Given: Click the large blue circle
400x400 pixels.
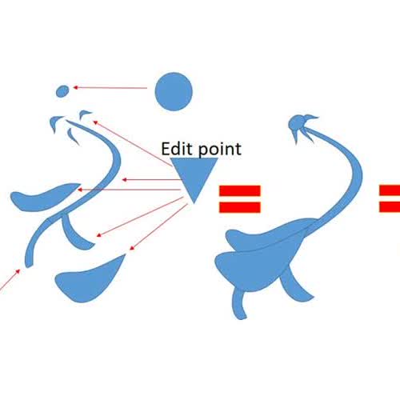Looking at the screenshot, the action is pyautogui.click(x=174, y=91).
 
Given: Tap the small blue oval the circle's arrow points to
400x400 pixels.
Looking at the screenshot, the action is pyautogui.click(x=63, y=91).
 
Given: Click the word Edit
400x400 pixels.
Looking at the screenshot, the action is pyautogui.click(x=177, y=149).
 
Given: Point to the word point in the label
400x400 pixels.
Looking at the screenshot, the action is pyautogui.click(x=220, y=150).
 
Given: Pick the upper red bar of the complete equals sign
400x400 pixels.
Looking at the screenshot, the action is pyautogui.click(x=240, y=190).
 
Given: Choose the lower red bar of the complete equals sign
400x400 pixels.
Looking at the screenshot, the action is pyautogui.click(x=240, y=207).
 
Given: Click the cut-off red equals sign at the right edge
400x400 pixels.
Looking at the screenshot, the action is pyautogui.click(x=390, y=198).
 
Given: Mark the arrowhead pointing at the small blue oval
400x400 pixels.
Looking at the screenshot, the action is pyautogui.click(x=75, y=87).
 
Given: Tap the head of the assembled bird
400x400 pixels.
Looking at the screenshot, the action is pyautogui.click(x=297, y=124).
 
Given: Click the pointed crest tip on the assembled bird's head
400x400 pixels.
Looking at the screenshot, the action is pyautogui.click(x=318, y=117).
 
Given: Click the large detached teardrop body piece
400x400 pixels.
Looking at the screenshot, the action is pyautogui.click(x=88, y=282).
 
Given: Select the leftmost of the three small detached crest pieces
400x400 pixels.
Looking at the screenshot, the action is pyautogui.click(x=55, y=122).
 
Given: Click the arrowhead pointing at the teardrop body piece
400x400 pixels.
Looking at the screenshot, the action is pyautogui.click(x=131, y=248).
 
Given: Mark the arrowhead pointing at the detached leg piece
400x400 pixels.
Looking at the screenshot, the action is pyautogui.click(x=99, y=235).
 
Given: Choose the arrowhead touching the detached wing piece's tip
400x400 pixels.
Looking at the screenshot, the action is pyautogui.click(x=79, y=190).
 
